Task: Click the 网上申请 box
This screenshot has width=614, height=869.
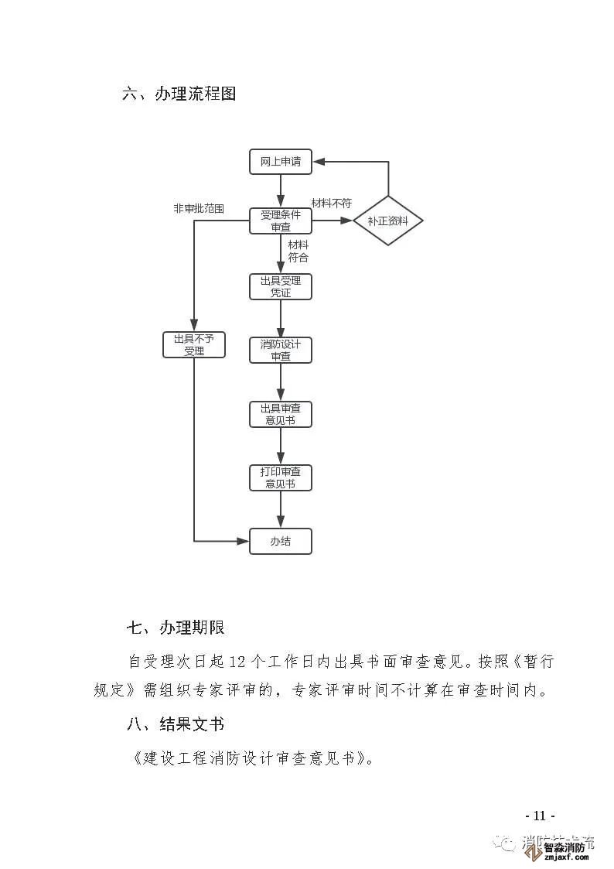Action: click(280, 163)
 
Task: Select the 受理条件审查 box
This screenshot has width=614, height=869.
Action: click(280, 221)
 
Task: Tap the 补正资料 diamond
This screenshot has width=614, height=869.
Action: click(388, 221)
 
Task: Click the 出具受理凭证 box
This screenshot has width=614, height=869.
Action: click(280, 286)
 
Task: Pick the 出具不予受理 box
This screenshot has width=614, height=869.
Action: click(193, 344)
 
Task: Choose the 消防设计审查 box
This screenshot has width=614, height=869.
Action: click(280, 350)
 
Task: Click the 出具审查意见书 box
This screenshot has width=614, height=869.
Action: click(280, 414)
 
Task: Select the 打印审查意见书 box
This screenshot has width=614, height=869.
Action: click(280, 477)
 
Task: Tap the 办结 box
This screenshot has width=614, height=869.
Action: click(280, 541)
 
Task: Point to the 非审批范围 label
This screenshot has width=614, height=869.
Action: click(199, 209)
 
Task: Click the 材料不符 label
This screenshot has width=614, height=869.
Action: click(331, 204)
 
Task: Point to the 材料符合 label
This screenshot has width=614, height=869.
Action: click(298, 251)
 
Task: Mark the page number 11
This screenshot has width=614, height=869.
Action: click(539, 816)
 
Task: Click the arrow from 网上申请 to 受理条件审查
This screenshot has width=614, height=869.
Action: click(280, 191)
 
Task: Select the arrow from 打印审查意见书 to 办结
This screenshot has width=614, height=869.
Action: click(280, 510)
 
